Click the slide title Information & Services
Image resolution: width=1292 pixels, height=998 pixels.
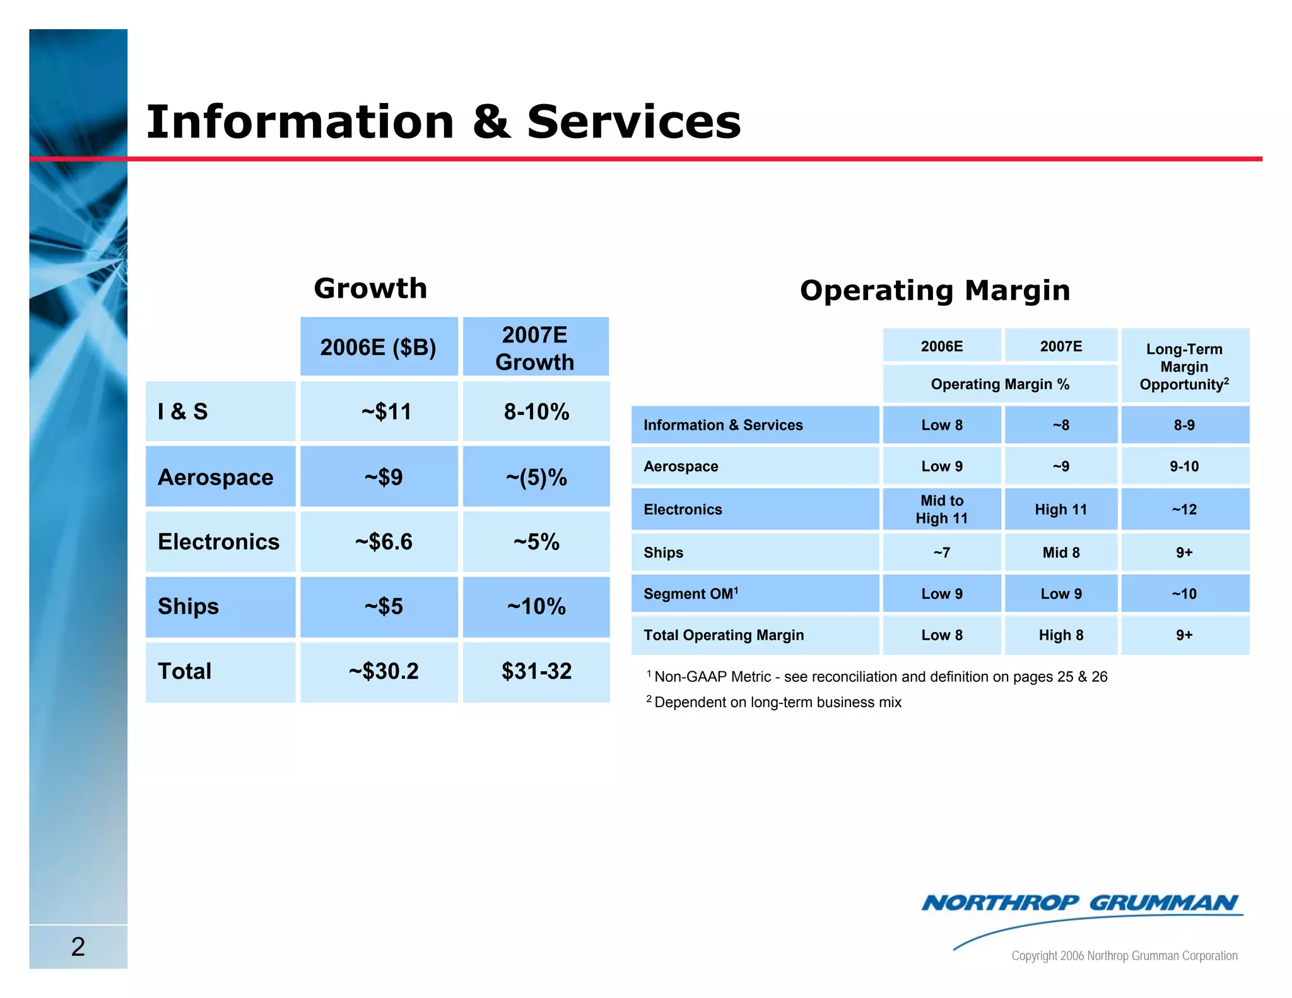point(443,122)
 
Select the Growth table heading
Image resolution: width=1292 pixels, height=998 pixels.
point(370,288)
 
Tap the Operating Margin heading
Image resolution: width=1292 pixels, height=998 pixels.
point(934,291)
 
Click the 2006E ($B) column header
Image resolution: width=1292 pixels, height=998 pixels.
point(379,348)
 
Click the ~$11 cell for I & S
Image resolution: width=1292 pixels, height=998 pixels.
point(385,412)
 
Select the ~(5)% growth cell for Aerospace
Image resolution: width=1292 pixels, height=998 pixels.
point(536,478)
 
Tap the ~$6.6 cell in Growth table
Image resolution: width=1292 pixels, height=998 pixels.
point(383,542)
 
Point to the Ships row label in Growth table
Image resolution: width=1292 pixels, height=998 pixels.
point(189,607)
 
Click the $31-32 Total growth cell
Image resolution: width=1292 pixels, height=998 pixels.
point(536,671)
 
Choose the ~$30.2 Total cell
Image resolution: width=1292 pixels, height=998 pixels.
point(384,671)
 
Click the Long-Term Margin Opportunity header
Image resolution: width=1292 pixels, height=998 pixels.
point(1184,367)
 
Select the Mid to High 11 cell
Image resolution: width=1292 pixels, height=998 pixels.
point(941,509)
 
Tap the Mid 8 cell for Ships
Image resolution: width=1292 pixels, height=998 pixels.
point(1060,553)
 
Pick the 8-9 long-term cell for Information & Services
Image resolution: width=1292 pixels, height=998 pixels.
point(1184,425)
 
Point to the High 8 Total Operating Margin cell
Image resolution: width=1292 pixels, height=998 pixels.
point(1060,635)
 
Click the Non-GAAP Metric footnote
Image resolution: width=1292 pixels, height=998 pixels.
point(880,677)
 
